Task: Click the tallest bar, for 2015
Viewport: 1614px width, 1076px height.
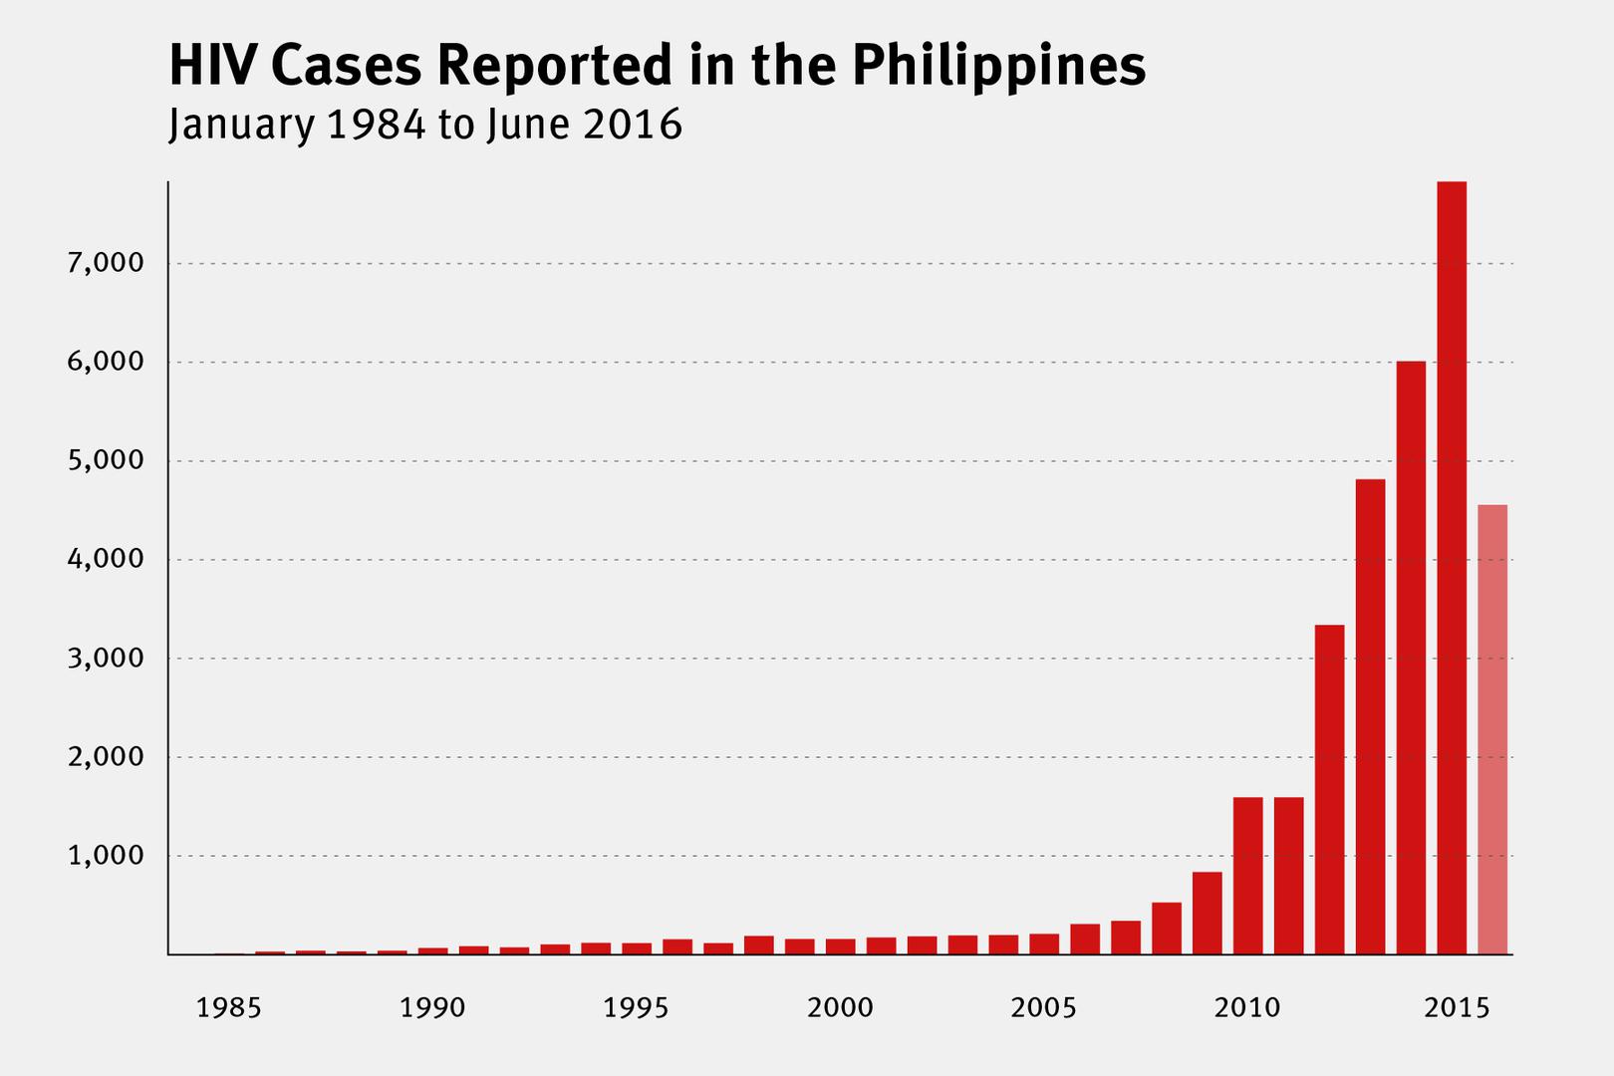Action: [1452, 568]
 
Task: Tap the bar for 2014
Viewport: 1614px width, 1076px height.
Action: [1411, 658]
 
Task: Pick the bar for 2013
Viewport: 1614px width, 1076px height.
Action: [1370, 717]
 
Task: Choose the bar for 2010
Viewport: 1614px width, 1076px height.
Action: [1247, 876]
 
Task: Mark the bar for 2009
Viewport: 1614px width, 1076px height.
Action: [1207, 913]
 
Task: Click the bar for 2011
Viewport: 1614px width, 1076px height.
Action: [1288, 876]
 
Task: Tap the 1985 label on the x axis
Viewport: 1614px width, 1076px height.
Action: [228, 1008]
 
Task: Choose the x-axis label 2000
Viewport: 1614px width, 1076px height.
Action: [840, 1008]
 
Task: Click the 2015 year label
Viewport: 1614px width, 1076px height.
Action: [1457, 1008]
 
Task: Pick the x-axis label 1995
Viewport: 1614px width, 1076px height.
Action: [636, 1008]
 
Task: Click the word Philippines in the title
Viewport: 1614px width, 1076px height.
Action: [997, 67]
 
